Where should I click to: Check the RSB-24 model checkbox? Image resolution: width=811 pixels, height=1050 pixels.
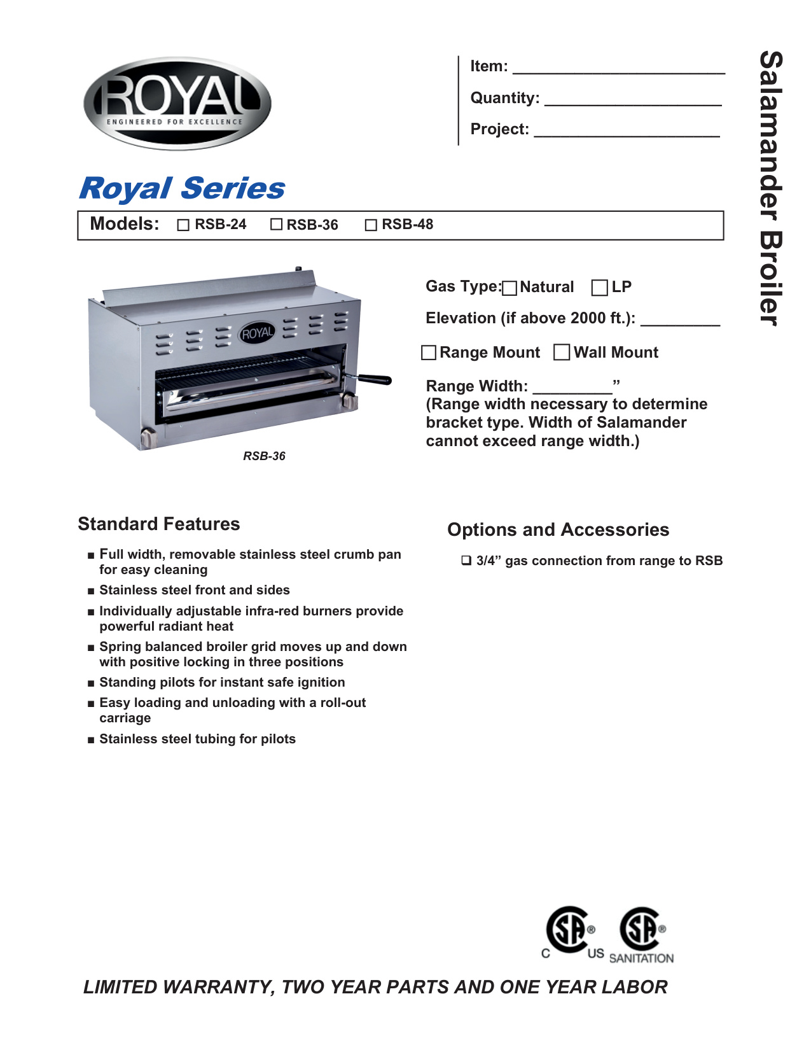(x=183, y=225)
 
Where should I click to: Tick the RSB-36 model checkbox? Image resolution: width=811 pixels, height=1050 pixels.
(x=276, y=225)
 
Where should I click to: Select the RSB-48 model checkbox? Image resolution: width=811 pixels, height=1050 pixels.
(x=371, y=225)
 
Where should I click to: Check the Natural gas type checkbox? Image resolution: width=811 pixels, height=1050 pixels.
(x=509, y=288)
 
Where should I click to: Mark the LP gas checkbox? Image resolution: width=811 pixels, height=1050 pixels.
(x=599, y=288)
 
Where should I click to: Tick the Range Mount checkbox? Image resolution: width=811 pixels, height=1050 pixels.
(x=429, y=353)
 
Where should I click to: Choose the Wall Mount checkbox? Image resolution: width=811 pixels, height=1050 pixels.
(x=562, y=352)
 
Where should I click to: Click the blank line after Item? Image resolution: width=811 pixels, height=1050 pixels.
(x=618, y=69)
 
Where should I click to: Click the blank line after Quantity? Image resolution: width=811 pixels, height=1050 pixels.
(x=633, y=100)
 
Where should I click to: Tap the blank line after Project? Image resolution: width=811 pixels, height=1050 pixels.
(x=627, y=131)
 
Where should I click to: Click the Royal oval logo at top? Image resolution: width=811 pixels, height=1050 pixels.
(x=177, y=104)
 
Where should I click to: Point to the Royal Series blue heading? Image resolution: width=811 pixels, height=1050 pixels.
(x=182, y=188)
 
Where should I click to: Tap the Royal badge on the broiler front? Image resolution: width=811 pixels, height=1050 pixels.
(x=257, y=333)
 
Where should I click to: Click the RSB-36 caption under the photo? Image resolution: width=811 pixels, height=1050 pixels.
(x=264, y=456)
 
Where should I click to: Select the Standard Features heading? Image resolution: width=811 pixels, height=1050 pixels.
(x=159, y=524)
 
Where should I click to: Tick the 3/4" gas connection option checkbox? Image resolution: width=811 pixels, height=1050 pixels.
(x=466, y=561)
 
